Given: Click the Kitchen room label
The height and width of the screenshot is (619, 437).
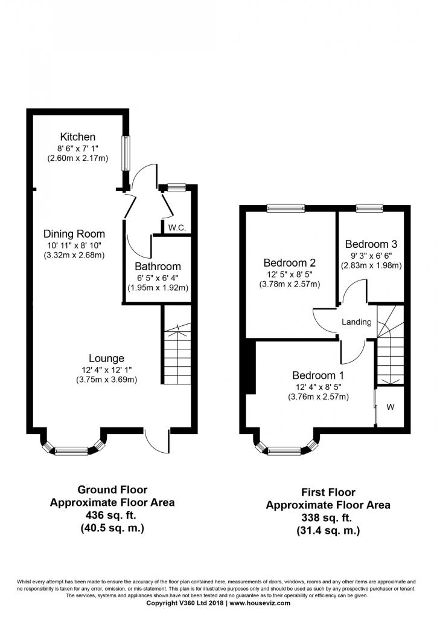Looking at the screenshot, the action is tap(78, 137).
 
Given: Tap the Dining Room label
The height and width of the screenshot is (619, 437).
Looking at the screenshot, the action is tap(74, 234).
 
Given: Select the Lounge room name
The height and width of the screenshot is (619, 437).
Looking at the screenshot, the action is tap(106, 358).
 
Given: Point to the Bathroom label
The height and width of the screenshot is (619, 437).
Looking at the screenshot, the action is tap(158, 267).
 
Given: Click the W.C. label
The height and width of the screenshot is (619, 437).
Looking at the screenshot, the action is tap(177, 228).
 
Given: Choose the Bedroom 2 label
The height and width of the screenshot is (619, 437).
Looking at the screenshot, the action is tap(290, 262).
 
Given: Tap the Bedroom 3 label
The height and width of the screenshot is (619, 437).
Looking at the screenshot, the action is tap(371, 244).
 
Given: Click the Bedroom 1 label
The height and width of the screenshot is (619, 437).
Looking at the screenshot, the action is tap(318, 375).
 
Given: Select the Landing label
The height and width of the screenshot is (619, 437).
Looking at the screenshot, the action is tap(356, 322).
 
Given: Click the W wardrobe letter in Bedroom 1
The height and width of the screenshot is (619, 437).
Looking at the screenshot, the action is tap(390, 407).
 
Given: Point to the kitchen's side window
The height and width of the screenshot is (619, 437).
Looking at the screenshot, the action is tap(126, 154).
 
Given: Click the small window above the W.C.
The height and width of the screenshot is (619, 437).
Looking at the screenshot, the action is tap(176, 188).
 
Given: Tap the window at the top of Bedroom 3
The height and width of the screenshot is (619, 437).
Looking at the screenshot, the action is tap(369, 209).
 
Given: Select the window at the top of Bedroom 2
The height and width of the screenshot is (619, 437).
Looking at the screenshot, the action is tap(285, 209).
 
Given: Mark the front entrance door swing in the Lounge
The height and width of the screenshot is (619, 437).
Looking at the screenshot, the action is tap(157, 441).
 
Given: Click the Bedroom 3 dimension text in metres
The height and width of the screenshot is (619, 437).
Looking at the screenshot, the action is tap(371, 266).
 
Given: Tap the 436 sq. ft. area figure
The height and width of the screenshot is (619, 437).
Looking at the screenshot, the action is tap(112, 515).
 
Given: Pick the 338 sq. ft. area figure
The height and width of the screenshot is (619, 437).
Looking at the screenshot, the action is tap(328, 517).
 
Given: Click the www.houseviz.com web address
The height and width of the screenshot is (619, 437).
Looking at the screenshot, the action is tap(260, 603).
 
